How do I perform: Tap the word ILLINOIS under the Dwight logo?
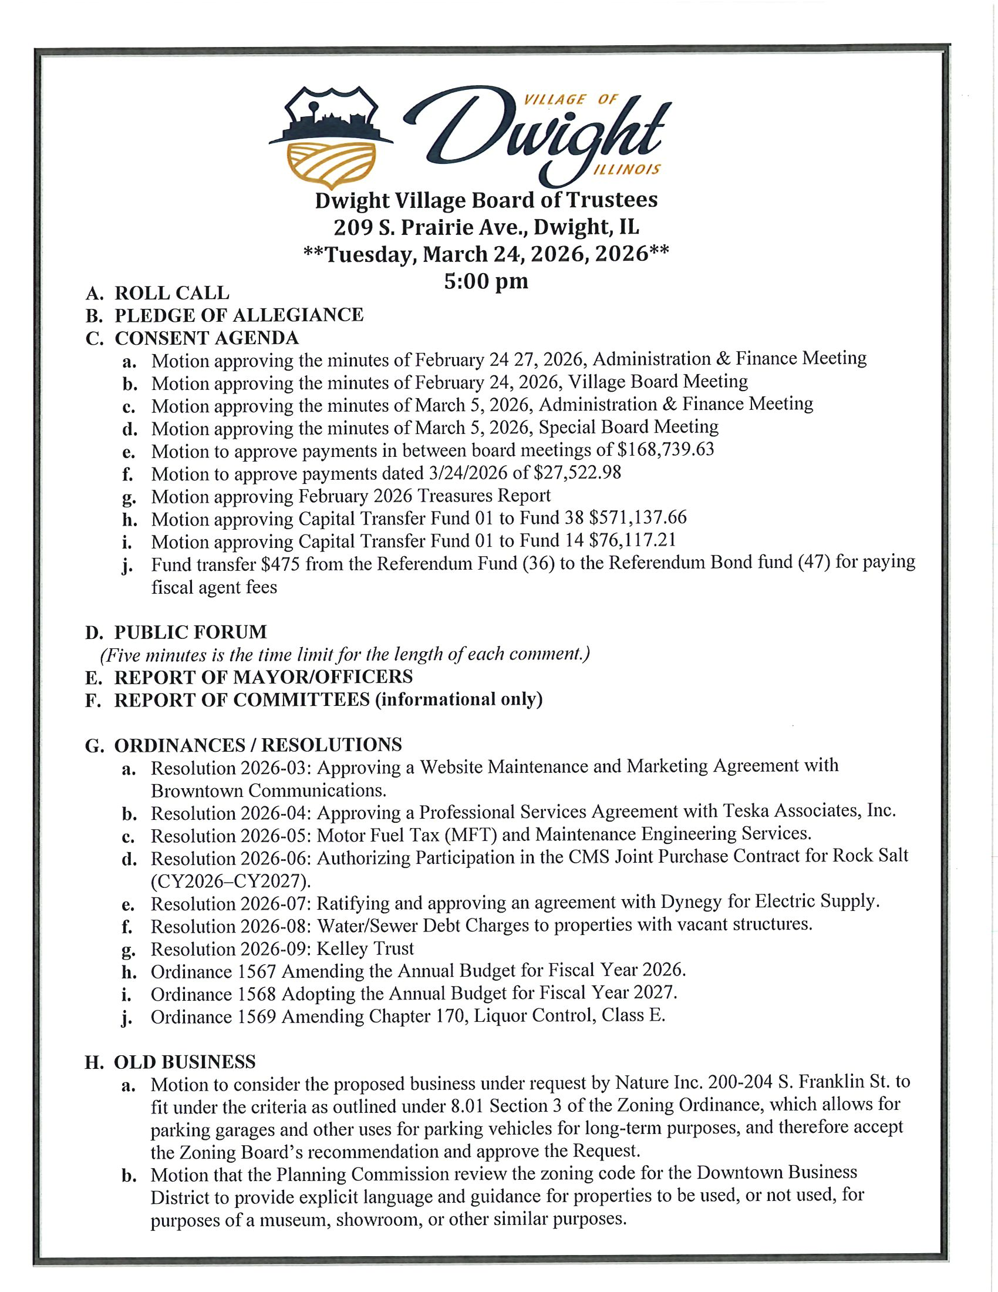[x=626, y=170]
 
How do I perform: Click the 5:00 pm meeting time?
[x=486, y=281]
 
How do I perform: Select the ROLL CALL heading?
[x=171, y=293]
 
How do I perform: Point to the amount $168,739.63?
[x=665, y=450]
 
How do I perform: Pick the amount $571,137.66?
[x=638, y=518]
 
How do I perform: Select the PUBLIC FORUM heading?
[x=190, y=632]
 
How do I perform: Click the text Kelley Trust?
[x=365, y=949]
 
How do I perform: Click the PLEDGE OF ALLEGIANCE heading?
[x=239, y=315]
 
